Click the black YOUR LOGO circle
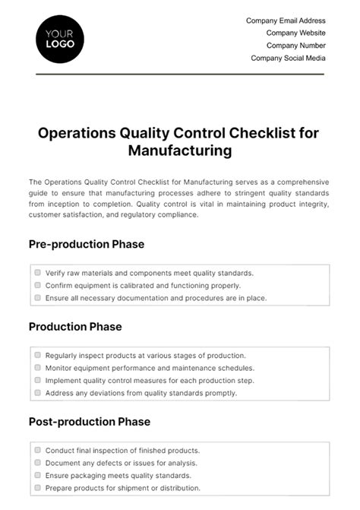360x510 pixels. (60, 38)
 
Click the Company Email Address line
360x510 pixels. (286, 21)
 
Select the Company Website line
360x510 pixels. (295, 33)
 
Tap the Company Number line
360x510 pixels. (295, 45)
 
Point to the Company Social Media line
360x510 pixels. (288, 58)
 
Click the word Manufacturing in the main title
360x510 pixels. (179, 150)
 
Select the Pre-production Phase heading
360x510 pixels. (86, 244)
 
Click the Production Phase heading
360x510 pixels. (75, 327)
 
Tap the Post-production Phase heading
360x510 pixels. (89, 421)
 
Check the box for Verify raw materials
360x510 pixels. (37, 272)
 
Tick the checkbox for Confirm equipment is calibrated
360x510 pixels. (37, 285)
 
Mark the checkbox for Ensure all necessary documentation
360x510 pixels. (37, 298)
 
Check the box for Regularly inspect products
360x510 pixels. (37, 355)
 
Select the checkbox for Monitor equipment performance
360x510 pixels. (37, 367)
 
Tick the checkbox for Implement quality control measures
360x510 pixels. (37, 380)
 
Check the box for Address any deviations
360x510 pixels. (37, 393)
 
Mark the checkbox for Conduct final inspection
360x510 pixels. (37, 450)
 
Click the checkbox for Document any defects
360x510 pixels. (37, 462)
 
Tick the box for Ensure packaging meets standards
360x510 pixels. (37, 475)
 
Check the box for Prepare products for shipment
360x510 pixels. (37, 488)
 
